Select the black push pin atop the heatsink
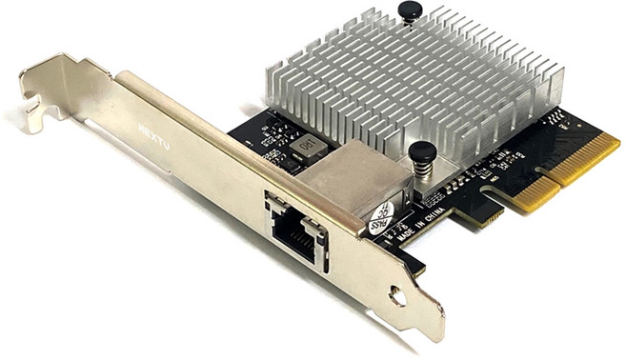410,11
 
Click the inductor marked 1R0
308,146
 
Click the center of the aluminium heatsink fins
419,86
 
